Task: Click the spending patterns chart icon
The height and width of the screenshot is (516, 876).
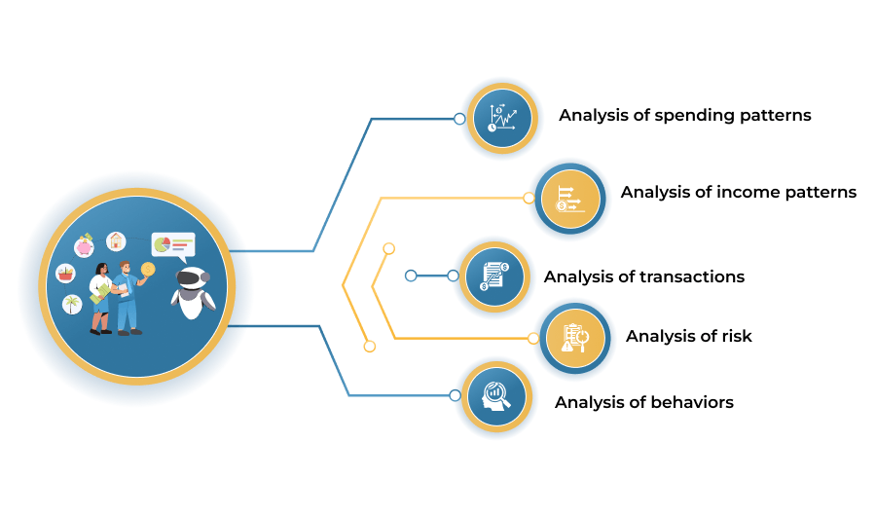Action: [x=502, y=118]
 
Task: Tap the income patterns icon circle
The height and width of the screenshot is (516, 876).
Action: [x=569, y=199]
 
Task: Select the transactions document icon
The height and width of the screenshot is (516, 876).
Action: [x=494, y=276]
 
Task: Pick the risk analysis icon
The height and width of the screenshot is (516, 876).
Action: [x=575, y=338]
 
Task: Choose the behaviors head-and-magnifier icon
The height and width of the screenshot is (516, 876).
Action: [x=496, y=396]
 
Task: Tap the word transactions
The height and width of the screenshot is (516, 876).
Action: [x=692, y=276]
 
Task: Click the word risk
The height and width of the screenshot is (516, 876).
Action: [x=737, y=336]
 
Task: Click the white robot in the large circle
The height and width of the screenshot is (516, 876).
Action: [x=193, y=292]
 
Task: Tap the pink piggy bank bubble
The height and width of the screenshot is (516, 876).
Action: [x=85, y=246]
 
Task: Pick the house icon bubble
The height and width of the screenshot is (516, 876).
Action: [x=116, y=240]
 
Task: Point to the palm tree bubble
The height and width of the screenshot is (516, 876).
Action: [x=71, y=305]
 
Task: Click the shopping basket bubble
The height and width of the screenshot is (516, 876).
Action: [x=65, y=274]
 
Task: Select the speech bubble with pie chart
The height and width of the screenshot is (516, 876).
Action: [x=173, y=247]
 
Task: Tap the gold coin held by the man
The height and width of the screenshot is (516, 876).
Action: [x=148, y=270]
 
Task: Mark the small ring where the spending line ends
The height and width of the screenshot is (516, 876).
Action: [x=459, y=119]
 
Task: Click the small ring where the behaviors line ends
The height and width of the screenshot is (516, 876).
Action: [x=455, y=396]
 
